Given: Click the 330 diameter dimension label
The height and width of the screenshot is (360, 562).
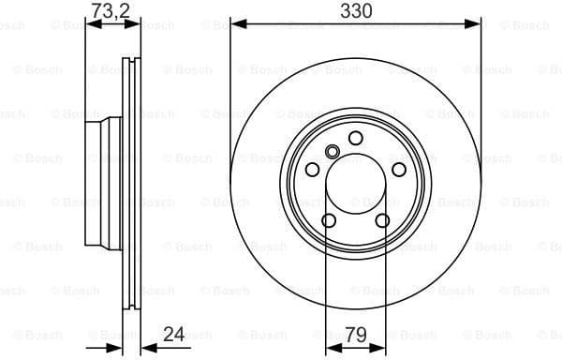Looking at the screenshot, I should (x=356, y=11).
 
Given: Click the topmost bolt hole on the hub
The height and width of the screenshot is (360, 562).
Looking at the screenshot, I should (x=356, y=138).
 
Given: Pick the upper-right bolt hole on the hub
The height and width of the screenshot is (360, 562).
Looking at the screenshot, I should (x=399, y=169).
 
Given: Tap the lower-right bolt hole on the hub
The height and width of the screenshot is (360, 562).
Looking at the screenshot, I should (x=383, y=220).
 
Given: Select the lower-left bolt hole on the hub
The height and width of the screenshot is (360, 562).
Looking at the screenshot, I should (x=329, y=220).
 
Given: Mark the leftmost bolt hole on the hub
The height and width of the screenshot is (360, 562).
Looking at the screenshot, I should (x=312, y=170).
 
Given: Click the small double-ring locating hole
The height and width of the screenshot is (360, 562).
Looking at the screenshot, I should (x=332, y=152).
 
